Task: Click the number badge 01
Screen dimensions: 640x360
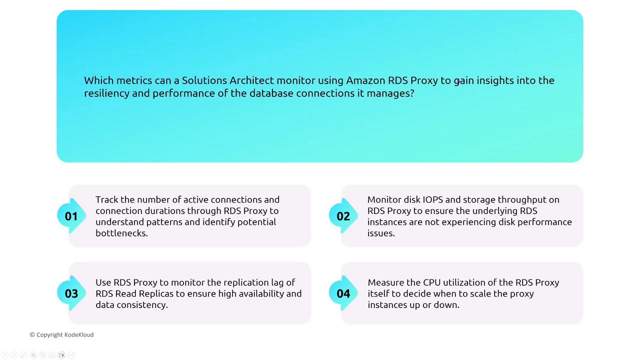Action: click(71, 216)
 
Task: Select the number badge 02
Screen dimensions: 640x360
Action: click(343, 216)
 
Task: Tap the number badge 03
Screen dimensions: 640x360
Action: click(71, 293)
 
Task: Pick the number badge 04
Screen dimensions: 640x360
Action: click(343, 293)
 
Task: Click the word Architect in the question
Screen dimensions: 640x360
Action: click(251, 80)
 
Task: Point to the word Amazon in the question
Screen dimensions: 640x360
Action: click(365, 80)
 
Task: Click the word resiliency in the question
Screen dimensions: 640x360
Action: click(106, 93)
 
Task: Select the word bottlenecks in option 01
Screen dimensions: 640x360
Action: click(121, 233)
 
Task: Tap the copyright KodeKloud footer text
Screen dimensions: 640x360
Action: click(61, 334)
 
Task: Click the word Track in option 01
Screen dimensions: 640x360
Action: click(107, 199)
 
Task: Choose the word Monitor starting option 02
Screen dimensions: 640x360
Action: click(384, 199)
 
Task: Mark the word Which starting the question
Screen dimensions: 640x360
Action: click(98, 80)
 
